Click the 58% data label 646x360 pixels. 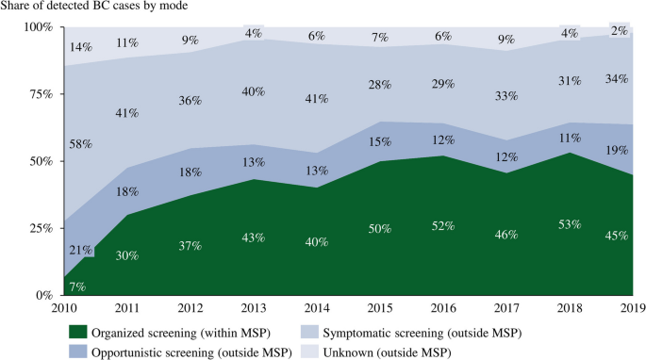tap(81, 144)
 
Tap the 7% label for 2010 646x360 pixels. tap(77, 286)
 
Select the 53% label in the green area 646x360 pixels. tap(570, 224)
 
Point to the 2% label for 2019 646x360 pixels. tap(620, 31)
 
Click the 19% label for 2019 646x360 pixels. tap(617, 151)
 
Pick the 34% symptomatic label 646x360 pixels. tap(617, 78)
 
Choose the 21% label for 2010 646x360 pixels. tap(81, 250)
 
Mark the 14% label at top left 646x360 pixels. tap(81, 47)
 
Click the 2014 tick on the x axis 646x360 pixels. tap(317, 307)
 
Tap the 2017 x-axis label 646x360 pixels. tap(506, 307)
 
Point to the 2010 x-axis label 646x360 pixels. tap(64, 307)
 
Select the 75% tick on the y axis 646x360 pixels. tap(42, 94)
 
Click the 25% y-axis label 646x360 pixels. tap(42, 228)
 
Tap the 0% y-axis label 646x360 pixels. tap(45, 295)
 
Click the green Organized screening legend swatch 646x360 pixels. tap(78, 332)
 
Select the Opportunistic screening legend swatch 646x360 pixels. tap(78, 352)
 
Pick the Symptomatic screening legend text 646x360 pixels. tap(422, 333)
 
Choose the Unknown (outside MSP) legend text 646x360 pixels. tap(388, 352)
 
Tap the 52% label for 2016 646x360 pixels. tap(443, 226)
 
